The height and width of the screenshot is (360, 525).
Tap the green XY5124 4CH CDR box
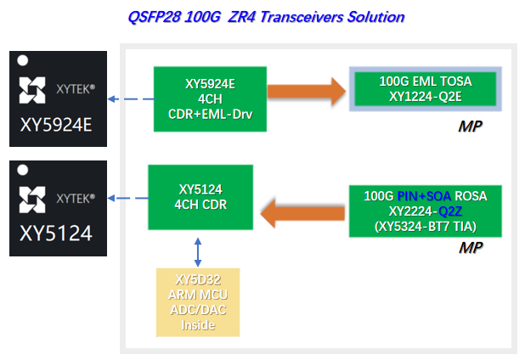[x=200, y=197]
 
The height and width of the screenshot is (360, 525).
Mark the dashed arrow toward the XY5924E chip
[x=131, y=99]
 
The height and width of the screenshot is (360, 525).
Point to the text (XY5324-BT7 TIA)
[x=425, y=227]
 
